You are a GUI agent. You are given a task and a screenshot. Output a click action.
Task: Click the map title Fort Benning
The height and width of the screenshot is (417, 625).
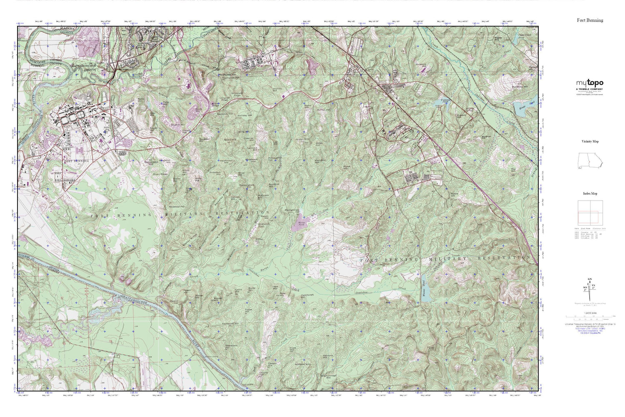590,20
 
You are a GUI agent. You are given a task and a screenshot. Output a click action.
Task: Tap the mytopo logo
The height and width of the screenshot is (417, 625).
590,83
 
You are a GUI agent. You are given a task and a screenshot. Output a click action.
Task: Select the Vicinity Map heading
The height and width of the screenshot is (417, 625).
590,141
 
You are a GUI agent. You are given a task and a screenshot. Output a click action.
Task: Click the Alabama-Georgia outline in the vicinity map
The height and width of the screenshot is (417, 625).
589,161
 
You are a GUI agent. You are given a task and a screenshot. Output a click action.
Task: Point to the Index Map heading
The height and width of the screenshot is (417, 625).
590,193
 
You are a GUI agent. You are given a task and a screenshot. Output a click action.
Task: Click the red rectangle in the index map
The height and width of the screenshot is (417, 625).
588,217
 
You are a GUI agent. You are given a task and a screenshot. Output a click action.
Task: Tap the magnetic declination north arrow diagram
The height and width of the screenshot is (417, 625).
589,290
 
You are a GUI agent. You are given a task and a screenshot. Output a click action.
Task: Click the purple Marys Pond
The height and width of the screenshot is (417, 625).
302,226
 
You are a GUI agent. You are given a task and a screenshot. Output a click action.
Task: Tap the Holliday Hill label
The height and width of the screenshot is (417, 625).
245,116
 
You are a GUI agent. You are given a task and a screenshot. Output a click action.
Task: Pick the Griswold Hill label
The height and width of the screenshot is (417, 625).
424,65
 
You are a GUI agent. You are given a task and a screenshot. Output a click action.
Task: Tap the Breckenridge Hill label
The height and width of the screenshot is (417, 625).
329,376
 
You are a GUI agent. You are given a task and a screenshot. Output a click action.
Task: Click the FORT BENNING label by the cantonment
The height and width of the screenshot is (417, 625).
76,161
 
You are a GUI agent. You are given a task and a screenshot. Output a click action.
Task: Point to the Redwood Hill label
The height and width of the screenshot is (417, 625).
176,206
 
